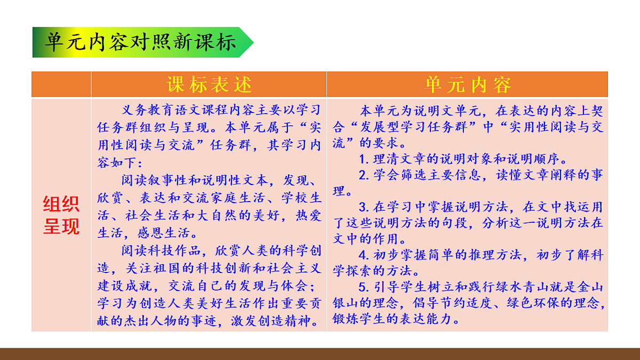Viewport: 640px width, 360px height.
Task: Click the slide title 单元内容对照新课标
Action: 141,42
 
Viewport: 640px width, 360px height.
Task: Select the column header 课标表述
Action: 209,85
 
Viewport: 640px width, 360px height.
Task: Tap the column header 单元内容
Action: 468,85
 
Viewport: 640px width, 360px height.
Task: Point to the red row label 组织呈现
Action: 61,216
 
